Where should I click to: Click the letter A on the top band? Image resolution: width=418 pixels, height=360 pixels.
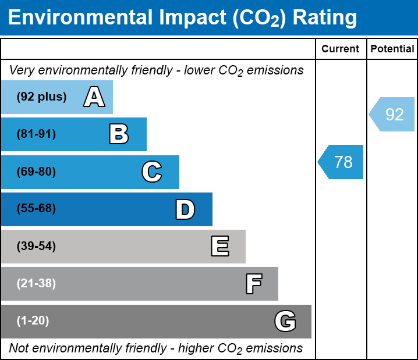pyautogui.click(x=94, y=97)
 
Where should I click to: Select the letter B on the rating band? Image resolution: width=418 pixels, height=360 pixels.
pyautogui.click(x=119, y=134)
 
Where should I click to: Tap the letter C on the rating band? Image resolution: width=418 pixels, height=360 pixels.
pyautogui.click(x=152, y=172)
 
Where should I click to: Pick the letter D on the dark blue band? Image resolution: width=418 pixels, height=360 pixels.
pyautogui.click(x=185, y=209)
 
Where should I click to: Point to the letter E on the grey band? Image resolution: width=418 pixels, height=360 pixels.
pyautogui.click(x=219, y=247)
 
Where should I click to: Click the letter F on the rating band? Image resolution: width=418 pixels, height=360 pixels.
pyautogui.click(x=253, y=284)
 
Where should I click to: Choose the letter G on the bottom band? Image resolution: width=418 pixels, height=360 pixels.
pyautogui.click(x=285, y=321)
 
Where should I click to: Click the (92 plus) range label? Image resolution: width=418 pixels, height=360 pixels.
pyautogui.click(x=41, y=97)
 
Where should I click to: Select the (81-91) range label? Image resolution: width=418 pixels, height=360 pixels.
pyautogui.click(x=36, y=134)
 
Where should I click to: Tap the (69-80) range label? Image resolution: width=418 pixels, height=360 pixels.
pyautogui.click(x=36, y=172)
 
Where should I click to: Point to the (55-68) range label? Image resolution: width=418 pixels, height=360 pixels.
pyautogui.click(x=36, y=209)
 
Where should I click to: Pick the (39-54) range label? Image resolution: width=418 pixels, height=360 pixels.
pyautogui.click(x=36, y=247)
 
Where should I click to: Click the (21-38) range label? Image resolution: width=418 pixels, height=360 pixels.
pyautogui.click(x=36, y=284)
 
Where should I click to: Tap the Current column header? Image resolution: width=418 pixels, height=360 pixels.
pyautogui.click(x=341, y=49)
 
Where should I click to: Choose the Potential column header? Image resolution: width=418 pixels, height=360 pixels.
pyautogui.click(x=392, y=49)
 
